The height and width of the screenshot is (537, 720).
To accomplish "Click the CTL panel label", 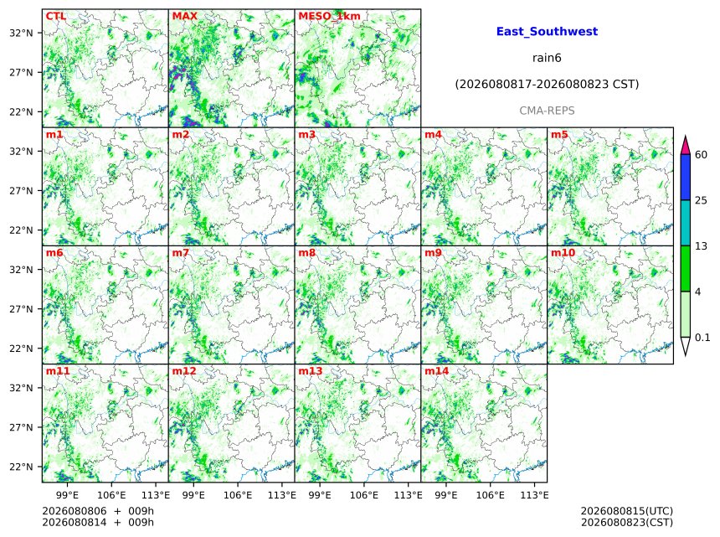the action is [55, 16].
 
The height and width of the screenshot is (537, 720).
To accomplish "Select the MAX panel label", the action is [184, 16].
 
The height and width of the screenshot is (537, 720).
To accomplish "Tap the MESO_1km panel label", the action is [329, 16].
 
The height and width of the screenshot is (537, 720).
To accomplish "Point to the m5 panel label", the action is [559, 134].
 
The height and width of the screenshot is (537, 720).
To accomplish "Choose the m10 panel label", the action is [563, 253].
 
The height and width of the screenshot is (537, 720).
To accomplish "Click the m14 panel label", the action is [436, 371].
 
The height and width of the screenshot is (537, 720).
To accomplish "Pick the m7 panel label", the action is [181, 253].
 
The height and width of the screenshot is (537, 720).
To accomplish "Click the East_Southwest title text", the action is [547, 31].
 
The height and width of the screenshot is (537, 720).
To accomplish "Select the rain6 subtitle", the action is [547, 58].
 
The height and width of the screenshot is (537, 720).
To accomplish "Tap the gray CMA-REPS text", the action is [547, 111].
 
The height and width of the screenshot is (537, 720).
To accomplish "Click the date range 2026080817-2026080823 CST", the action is [547, 84].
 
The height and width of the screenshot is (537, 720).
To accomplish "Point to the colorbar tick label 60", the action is [701, 154].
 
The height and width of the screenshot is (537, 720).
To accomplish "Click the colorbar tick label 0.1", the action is [702, 338].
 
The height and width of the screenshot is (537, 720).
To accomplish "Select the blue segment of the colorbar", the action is [686, 177].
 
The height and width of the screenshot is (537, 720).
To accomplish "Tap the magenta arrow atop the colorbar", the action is [686, 145].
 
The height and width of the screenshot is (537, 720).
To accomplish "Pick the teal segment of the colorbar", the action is [686, 223].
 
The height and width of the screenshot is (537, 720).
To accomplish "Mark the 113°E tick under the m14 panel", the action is [534, 495].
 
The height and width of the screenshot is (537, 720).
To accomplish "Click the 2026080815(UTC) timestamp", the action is [627, 511].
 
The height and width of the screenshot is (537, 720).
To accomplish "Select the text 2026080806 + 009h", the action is [98, 511].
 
